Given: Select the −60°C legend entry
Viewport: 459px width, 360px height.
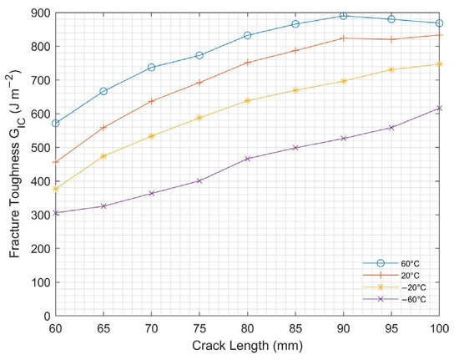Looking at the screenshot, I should click(411, 299).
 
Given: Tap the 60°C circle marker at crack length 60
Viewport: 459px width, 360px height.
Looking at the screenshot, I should click(55, 123).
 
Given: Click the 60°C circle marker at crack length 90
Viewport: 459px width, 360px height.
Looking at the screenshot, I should click(343, 16).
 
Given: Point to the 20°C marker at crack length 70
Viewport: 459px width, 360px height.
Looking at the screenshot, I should click(151, 101).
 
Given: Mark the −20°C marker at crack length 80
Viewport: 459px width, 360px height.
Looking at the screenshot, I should click(247, 100).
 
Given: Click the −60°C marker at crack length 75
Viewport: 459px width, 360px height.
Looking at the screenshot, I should click(199, 180).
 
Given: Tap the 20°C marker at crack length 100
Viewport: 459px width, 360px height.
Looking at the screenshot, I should click(440, 35).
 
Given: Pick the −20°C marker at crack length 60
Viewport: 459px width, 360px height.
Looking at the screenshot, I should click(55, 189).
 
